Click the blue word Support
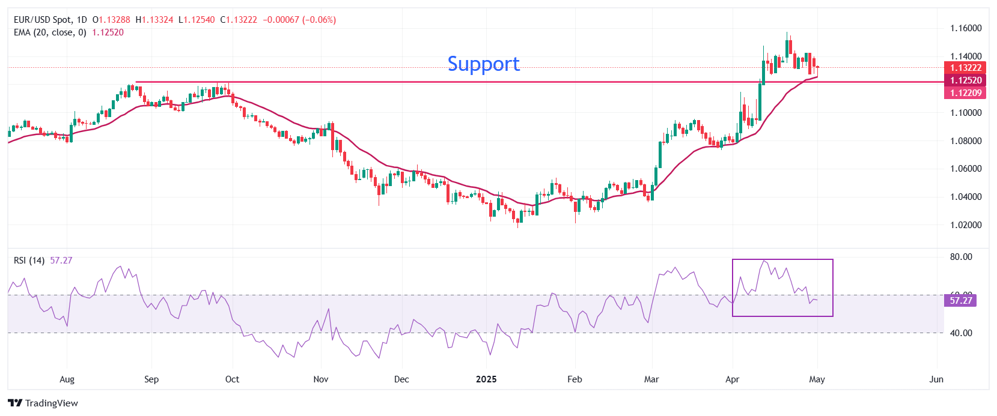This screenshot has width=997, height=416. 483,64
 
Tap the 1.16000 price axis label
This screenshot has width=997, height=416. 965,28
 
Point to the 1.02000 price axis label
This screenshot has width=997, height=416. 965,225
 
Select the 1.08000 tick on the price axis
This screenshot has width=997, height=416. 965,141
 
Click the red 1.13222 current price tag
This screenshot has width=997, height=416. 965,68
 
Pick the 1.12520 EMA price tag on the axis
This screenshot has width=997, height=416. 965,80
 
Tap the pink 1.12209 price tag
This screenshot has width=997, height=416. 965,93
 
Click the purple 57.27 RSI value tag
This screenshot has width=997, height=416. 960,300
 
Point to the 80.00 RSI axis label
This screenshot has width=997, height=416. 960,257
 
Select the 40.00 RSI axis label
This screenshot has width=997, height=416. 960,333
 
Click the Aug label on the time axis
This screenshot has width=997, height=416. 67,379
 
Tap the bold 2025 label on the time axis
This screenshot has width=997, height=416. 486,379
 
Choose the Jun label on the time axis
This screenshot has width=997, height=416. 936,379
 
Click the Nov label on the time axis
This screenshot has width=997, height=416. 321,379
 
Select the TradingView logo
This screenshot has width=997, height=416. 43,403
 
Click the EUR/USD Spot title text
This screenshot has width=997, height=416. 42,20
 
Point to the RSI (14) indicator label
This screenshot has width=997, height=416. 29,261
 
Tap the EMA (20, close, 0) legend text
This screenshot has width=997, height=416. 50,32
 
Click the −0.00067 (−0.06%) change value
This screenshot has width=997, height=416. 299,20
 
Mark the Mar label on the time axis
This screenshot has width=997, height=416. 651,379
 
